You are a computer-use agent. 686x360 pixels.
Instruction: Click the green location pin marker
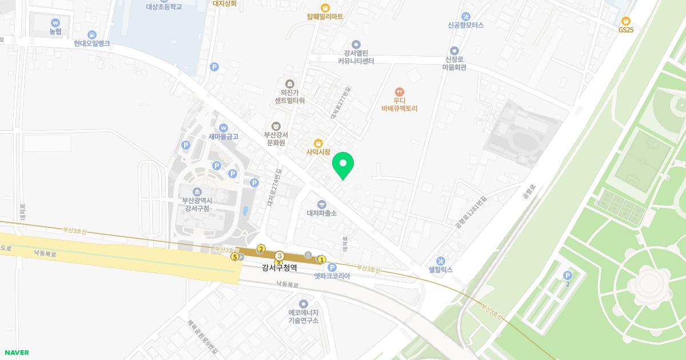click(343, 165)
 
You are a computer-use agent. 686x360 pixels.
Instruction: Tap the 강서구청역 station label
click(280, 267)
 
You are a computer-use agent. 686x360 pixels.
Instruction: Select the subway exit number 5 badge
click(234, 257)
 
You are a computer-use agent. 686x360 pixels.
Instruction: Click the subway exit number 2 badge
click(261, 249)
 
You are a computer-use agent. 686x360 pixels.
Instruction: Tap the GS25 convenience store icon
click(626, 21)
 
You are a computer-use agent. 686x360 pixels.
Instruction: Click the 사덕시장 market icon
click(318, 143)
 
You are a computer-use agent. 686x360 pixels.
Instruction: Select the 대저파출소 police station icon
click(322, 204)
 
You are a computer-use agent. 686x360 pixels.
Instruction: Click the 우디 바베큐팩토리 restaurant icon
click(400, 91)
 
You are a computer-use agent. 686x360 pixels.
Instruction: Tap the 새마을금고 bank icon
click(224, 127)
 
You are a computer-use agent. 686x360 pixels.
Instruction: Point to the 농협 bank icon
click(55, 22)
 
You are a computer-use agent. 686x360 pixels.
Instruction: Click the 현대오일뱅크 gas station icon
click(91, 34)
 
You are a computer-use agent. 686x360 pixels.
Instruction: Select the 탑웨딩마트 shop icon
click(325, 7)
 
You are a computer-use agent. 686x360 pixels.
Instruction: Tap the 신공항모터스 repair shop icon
click(466, 16)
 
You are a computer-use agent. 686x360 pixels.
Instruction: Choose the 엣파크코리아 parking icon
click(332, 267)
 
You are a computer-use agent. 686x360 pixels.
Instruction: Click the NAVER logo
click(17, 353)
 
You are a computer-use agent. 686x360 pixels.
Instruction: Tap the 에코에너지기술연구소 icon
click(304, 303)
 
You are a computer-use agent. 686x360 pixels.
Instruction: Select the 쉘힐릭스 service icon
click(440, 261)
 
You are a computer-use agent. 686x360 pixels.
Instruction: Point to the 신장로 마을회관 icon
click(454, 50)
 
